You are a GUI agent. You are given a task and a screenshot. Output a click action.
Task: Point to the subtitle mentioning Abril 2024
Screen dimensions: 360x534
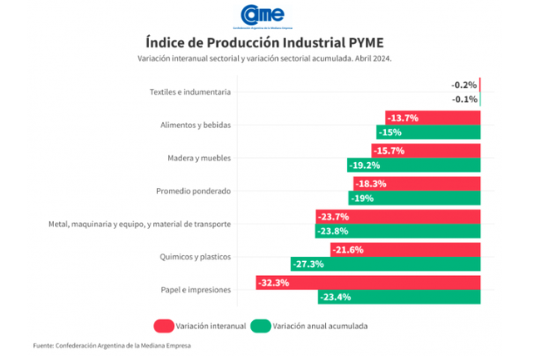(x=264, y=59)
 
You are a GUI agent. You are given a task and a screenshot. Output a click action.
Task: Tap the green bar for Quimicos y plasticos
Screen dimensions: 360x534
(x=386, y=264)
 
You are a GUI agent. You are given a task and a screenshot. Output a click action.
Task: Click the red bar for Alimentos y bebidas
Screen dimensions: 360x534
(x=433, y=118)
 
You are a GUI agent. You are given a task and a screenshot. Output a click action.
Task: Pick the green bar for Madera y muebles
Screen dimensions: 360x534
(x=413, y=165)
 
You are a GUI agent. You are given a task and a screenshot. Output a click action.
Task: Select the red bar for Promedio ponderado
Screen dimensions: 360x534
(x=417, y=184)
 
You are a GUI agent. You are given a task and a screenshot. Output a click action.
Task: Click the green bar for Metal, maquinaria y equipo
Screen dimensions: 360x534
(x=398, y=231)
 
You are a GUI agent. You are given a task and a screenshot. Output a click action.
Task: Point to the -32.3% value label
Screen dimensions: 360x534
(x=273, y=283)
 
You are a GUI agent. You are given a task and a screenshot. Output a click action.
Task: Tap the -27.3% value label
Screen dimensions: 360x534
(x=308, y=264)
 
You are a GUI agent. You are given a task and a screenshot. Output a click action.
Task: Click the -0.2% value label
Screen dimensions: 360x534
(x=464, y=85)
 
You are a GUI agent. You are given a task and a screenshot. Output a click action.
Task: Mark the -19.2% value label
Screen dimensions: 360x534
(x=363, y=165)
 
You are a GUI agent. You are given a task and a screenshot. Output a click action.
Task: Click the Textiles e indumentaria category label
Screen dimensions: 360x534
(x=190, y=92)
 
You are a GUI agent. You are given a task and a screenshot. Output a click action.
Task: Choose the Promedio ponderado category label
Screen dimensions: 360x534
(x=193, y=191)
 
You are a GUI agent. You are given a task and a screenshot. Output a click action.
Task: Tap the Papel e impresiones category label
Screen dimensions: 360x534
(x=195, y=289)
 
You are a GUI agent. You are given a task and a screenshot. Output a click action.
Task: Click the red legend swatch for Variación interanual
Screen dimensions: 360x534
(x=164, y=326)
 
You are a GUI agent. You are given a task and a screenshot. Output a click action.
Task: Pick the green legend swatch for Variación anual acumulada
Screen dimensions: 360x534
(x=261, y=326)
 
